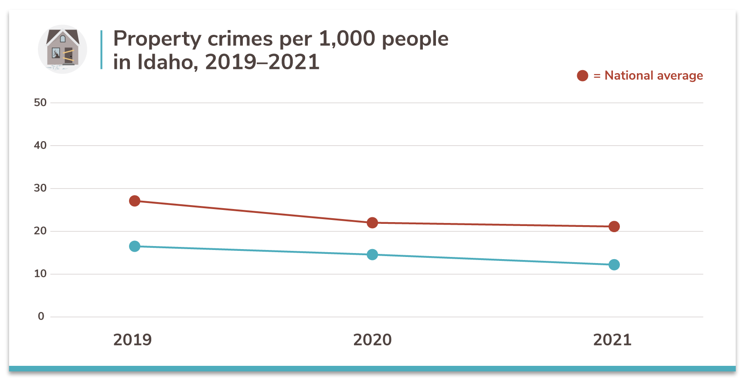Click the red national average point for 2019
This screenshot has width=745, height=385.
(135, 201)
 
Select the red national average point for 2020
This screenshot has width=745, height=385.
(372, 223)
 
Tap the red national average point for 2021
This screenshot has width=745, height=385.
(614, 226)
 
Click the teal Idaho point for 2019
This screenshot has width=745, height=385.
(135, 246)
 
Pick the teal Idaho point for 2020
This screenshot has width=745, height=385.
(372, 254)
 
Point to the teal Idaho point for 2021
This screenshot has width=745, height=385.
(614, 265)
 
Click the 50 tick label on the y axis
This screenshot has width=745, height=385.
(40, 103)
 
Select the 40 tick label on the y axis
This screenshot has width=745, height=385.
(40, 145)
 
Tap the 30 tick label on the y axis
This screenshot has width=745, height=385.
(40, 188)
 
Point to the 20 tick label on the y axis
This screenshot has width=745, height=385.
(40, 231)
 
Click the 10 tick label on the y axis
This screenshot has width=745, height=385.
(40, 274)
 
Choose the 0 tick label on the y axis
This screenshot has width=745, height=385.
(41, 316)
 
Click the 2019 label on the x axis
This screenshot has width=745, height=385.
(133, 340)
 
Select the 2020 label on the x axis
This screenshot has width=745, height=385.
(372, 340)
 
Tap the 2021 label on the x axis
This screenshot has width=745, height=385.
(612, 340)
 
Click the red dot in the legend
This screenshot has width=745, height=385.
(582, 76)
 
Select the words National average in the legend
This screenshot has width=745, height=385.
(653, 76)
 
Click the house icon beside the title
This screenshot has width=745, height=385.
(62, 49)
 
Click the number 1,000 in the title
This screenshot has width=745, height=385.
(347, 39)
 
